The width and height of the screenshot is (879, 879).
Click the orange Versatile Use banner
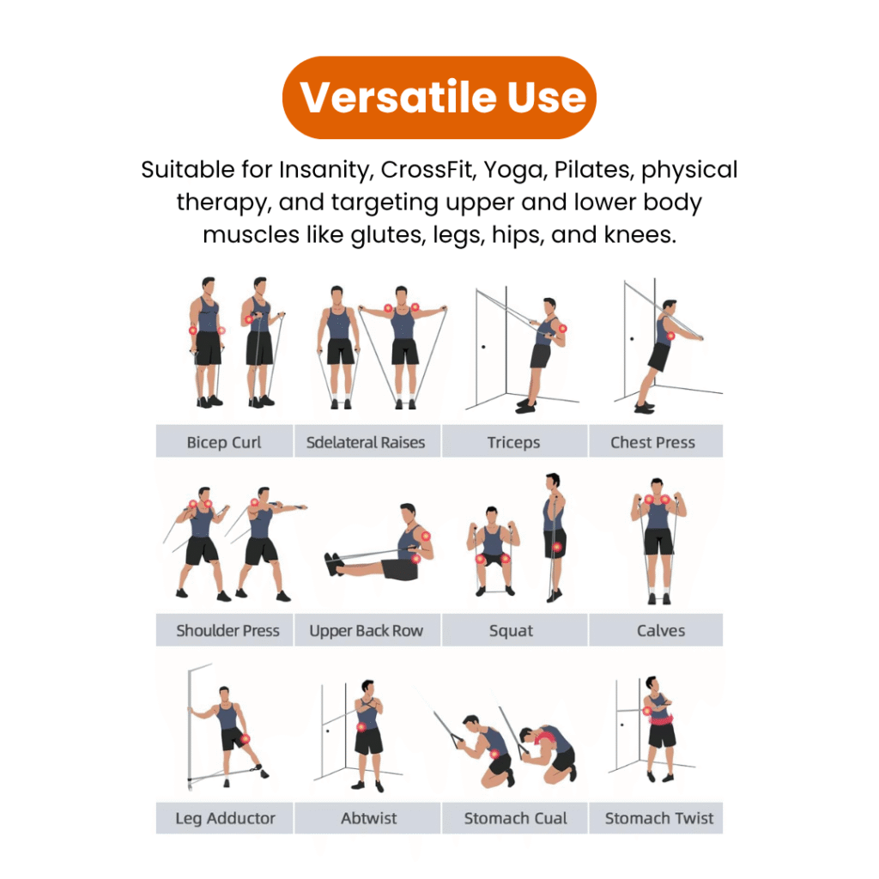pyautogui.click(x=439, y=98)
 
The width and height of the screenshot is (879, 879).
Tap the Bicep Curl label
pyautogui.click(x=224, y=442)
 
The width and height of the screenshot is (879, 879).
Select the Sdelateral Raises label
pyautogui.click(x=366, y=442)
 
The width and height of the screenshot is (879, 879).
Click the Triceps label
pyautogui.click(x=513, y=442)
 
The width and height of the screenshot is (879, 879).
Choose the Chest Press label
pyautogui.click(x=652, y=442)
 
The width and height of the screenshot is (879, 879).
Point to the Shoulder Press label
pyautogui.click(x=227, y=631)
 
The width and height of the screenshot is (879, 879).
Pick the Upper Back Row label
pyautogui.click(x=366, y=631)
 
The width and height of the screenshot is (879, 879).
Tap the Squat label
pyautogui.click(x=511, y=631)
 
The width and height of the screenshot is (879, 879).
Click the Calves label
pyautogui.click(x=661, y=631)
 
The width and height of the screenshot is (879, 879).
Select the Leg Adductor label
pyautogui.click(x=226, y=818)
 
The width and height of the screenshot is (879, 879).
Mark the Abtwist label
pyautogui.click(x=368, y=818)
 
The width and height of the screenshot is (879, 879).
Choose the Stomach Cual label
pyautogui.click(x=516, y=818)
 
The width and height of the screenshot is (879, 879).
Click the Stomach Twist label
pyautogui.click(x=659, y=818)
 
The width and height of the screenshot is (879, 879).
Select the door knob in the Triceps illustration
pyautogui.click(x=483, y=347)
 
